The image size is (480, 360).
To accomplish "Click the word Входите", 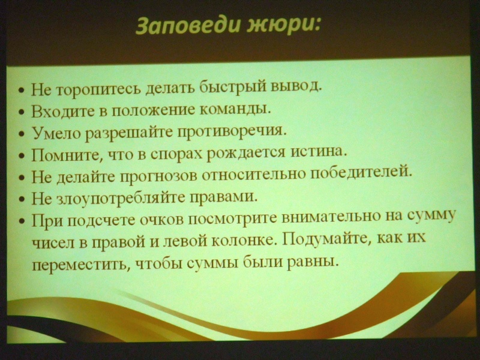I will pos(58,112).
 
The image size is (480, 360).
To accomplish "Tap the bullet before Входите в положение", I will pos(21,113).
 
